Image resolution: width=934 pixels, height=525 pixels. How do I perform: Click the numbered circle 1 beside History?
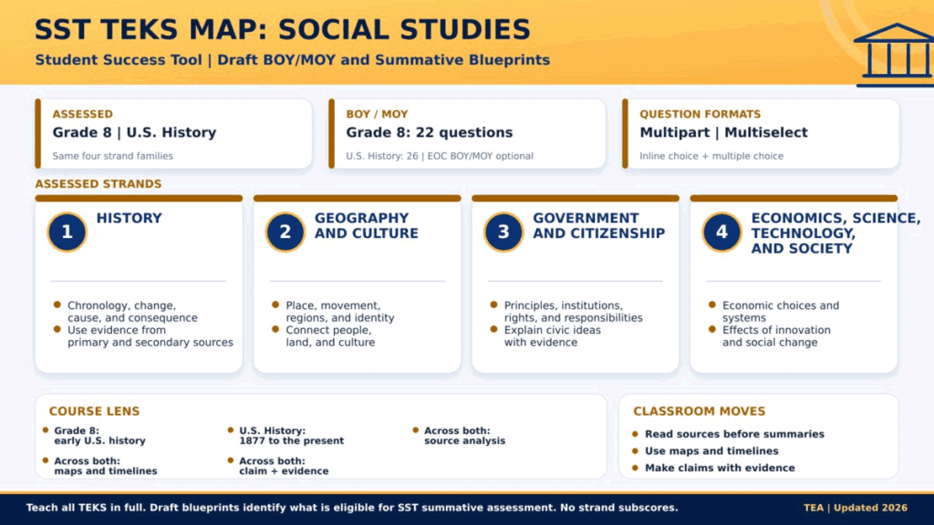67,232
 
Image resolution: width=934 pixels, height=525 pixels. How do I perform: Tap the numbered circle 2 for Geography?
285,232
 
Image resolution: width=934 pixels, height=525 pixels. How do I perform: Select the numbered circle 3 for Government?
503,232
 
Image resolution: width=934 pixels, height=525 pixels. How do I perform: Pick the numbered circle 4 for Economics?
722,232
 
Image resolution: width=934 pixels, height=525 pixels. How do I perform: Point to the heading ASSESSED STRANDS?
99,184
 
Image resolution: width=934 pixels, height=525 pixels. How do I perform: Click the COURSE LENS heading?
94,411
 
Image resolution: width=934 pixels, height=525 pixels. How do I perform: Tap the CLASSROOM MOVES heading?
700,411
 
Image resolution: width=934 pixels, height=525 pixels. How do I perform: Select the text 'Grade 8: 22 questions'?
430,133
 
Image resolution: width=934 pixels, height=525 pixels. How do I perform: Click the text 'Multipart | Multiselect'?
723,133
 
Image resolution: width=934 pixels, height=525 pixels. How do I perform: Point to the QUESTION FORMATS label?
700,114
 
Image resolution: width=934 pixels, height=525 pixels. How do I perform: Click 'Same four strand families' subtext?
112,156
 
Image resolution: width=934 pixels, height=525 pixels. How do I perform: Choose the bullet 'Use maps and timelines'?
711,451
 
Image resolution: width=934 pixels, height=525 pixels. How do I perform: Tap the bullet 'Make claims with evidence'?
721,468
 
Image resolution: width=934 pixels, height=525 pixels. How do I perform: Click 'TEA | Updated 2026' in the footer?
856,508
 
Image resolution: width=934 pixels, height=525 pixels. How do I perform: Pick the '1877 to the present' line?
292,441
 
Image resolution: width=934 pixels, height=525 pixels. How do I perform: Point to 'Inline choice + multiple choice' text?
711,156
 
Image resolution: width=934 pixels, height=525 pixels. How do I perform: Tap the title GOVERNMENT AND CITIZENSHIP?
598,226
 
